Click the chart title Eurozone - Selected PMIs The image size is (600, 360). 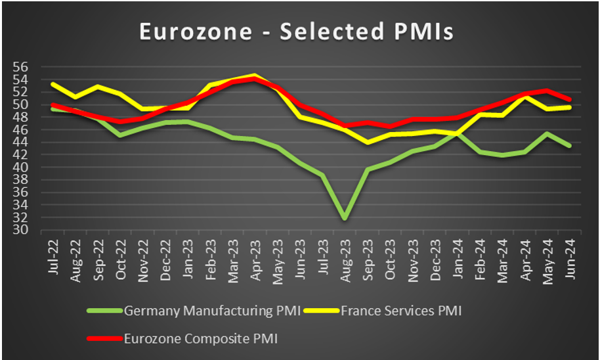click(296, 32)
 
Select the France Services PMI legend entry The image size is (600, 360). click(401, 311)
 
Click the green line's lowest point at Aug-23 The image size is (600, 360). click(344, 218)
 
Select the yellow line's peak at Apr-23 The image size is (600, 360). click(255, 76)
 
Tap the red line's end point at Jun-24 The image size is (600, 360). click(569, 100)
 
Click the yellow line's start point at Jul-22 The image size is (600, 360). click(53, 83)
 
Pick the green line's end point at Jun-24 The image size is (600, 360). click(569, 146)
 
